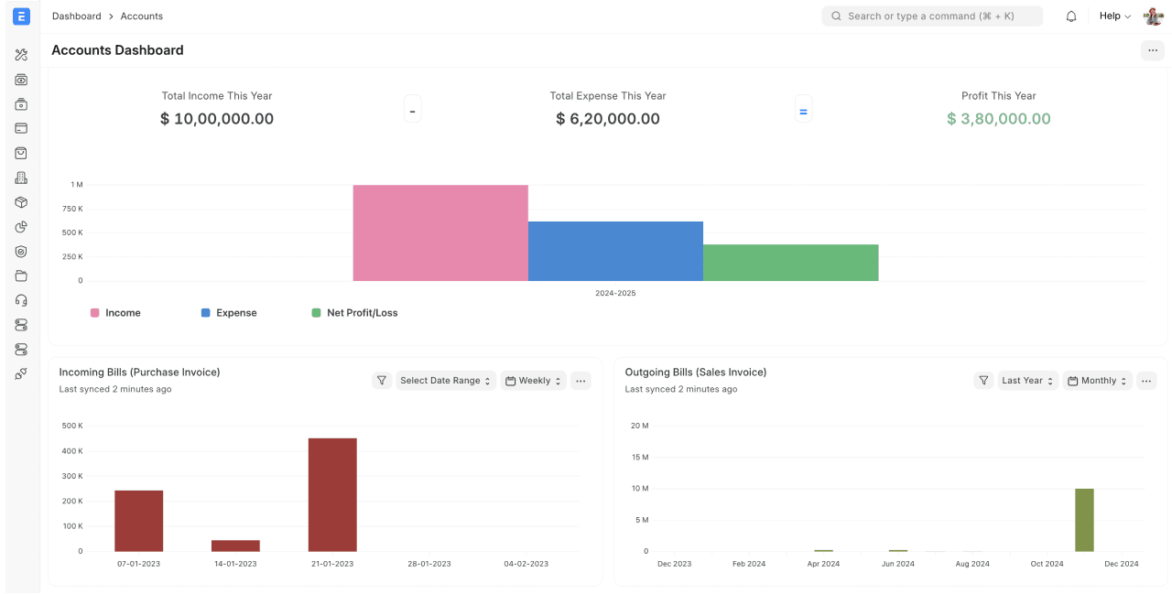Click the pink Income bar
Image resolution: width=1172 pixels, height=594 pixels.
[440, 232]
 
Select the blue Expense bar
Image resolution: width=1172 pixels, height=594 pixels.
[615, 251]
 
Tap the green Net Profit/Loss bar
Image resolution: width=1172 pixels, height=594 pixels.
[790, 263]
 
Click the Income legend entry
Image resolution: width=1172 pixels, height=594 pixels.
[115, 313]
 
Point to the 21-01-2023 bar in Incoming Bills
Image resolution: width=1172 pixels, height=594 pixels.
[332, 494]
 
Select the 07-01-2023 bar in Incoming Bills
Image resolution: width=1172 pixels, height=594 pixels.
[139, 521]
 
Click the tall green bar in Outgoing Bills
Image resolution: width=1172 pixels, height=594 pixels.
[1084, 520]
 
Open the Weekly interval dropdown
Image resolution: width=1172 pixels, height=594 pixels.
[534, 381]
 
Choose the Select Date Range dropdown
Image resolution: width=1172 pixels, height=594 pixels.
[446, 381]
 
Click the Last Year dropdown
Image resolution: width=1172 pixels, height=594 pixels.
[1027, 381]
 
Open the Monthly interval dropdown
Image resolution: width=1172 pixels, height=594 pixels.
[1097, 381]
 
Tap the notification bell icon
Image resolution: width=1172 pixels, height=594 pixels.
[1071, 16]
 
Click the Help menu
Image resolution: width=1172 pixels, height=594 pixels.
[1114, 16]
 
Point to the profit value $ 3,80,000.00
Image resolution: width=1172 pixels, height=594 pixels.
[998, 119]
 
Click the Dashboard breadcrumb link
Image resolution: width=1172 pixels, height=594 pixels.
[77, 16]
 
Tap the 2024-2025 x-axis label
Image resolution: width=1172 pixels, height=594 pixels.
[615, 294]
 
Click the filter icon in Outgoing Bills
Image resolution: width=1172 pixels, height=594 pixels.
[983, 381]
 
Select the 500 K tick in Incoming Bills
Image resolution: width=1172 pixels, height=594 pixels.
[72, 426]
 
